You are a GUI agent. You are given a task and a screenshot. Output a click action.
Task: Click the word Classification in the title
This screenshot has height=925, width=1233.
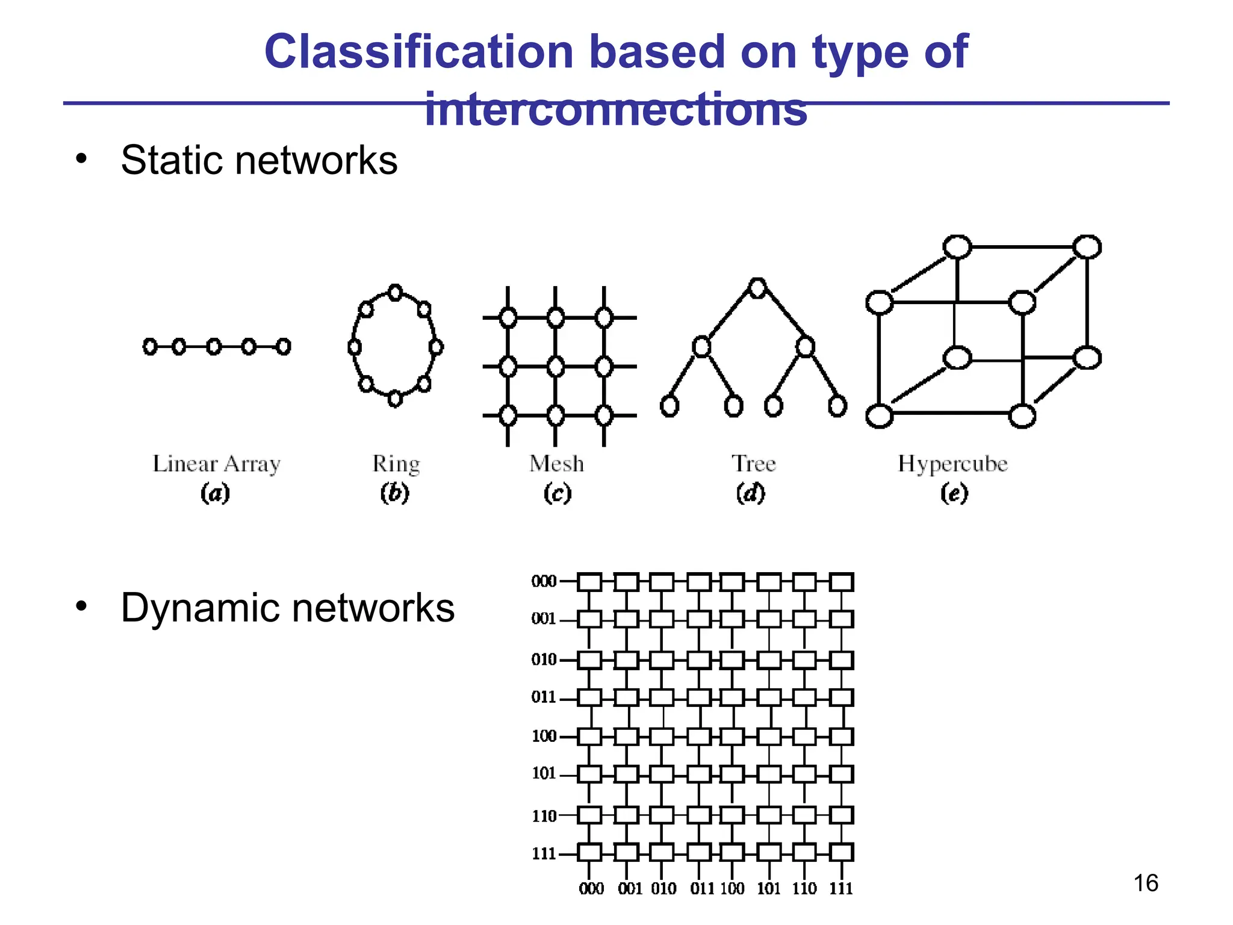pyautogui.click(x=418, y=52)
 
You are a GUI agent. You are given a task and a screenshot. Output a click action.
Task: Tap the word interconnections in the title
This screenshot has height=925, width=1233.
pyautogui.click(x=615, y=110)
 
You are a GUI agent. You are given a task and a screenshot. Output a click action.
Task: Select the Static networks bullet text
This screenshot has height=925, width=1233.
pyautogui.click(x=259, y=160)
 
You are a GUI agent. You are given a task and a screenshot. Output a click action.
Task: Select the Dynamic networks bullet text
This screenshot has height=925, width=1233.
pyautogui.click(x=287, y=608)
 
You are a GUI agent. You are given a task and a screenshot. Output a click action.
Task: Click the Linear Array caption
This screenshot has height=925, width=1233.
pyautogui.click(x=217, y=464)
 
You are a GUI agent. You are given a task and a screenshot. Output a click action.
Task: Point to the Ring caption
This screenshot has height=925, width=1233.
pyautogui.click(x=396, y=464)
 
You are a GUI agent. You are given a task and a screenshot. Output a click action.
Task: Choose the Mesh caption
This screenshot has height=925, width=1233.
pyautogui.click(x=556, y=464)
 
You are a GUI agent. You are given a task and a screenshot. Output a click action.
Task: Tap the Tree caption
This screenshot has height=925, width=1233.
pyautogui.click(x=754, y=464)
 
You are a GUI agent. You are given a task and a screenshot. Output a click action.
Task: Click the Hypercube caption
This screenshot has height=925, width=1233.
pyautogui.click(x=952, y=464)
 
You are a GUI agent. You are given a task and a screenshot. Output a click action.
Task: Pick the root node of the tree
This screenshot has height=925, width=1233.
pyautogui.click(x=757, y=288)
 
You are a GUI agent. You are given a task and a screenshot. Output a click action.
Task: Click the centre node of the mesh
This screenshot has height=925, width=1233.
pyautogui.click(x=556, y=366)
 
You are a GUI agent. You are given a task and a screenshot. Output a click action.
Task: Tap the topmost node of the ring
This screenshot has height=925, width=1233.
pyautogui.click(x=395, y=293)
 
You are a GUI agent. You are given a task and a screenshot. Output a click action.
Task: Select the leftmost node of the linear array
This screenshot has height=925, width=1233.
pyautogui.click(x=150, y=346)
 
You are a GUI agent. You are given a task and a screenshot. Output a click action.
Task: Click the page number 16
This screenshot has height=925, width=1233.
pyautogui.click(x=1145, y=883)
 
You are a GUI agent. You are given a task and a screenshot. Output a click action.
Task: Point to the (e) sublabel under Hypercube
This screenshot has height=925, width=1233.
pyautogui.click(x=954, y=494)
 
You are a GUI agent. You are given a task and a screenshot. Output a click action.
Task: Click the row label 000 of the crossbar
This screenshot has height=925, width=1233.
pyautogui.click(x=544, y=582)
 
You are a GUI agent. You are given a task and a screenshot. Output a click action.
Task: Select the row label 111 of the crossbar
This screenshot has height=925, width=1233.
pyautogui.click(x=544, y=853)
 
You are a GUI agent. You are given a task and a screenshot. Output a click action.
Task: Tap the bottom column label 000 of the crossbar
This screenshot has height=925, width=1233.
pyautogui.click(x=591, y=889)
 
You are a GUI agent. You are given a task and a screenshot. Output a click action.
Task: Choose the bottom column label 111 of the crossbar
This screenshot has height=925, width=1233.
pyautogui.click(x=841, y=889)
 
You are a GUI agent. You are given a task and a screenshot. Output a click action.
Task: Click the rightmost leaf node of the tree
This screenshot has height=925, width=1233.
pyautogui.click(x=837, y=406)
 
